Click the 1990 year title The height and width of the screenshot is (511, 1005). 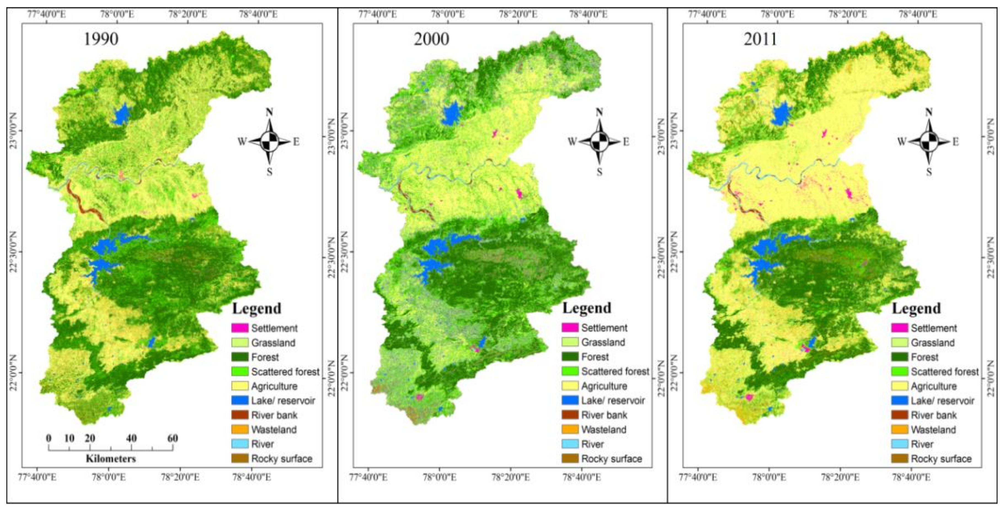click(x=101, y=39)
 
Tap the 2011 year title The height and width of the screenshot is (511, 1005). click(x=760, y=39)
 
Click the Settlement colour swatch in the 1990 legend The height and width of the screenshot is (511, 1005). click(x=240, y=328)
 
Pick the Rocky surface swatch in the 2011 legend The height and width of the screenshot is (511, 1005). click(x=900, y=458)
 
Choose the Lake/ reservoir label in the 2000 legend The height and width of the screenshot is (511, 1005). click(x=613, y=401)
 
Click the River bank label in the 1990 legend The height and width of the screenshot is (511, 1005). click(x=274, y=415)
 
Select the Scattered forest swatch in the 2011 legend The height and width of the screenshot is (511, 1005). click(x=900, y=371)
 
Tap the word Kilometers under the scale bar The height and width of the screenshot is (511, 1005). click(x=111, y=458)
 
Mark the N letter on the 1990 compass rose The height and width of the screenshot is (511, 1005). click(x=269, y=112)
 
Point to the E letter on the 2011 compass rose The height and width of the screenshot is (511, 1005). click(x=955, y=142)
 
